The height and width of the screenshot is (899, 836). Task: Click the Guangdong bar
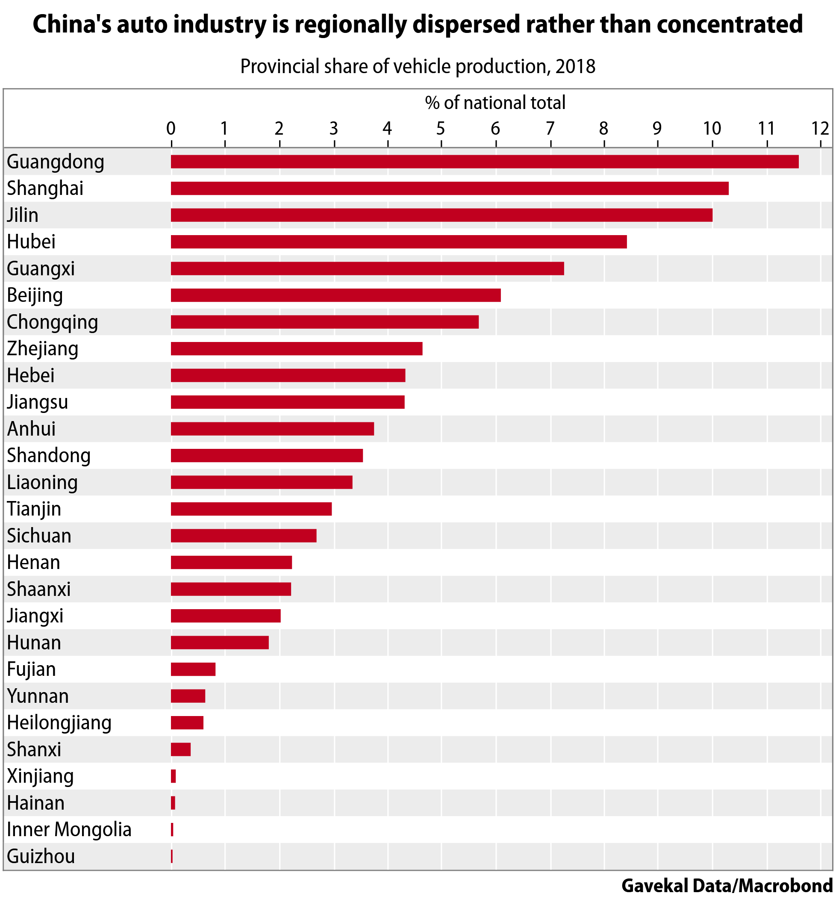click(484, 162)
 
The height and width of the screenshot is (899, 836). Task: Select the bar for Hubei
click(398, 242)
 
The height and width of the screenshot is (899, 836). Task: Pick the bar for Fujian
click(193, 669)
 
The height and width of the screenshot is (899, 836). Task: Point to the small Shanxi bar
click(180, 749)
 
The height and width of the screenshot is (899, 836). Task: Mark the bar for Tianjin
click(251, 509)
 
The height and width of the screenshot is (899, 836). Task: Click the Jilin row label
click(23, 215)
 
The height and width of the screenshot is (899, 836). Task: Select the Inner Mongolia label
click(69, 830)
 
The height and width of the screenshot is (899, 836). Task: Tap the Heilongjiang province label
click(59, 722)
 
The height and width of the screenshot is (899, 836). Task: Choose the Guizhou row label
click(41, 857)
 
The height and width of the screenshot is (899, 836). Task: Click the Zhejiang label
click(42, 349)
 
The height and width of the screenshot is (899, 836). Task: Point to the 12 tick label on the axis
click(820, 128)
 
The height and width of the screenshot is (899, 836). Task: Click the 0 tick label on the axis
click(171, 128)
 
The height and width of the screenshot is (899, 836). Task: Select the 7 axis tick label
click(550, 128)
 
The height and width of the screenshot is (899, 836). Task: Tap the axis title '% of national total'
click(495, 103)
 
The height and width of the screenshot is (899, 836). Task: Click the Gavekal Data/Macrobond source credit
click(727, 885)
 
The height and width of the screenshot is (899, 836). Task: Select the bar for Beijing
click(336, 295)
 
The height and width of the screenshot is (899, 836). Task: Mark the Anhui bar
click(272, 429)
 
